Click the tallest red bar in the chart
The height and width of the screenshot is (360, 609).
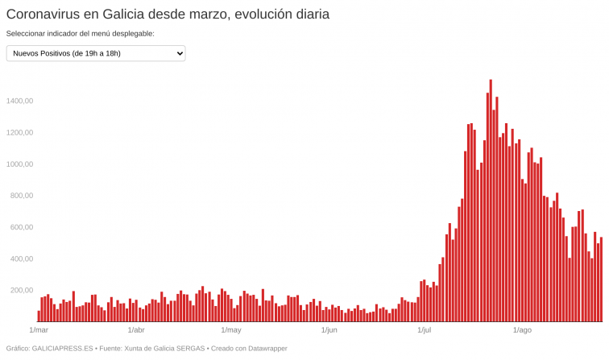pyautogui.click(x=491, y=201)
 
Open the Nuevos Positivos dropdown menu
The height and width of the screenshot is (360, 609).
pyautogui.click(x=96, y=53)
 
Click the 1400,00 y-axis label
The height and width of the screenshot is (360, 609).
pyautogui.click(x=19, y=101)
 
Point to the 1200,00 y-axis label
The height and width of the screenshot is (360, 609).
pyautogui.click(x=19, y=132)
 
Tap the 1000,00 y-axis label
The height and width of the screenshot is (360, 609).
pyautogui.click(x=19, y=163)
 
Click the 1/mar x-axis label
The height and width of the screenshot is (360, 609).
pyautogui.click(x=39, y=330)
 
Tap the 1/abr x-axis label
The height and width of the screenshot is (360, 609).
pyautogui.click(x=136, y=330)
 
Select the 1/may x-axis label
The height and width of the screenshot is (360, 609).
pyautogui.click(x=231, y=330)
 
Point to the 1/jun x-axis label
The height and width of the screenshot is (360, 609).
pyautogui.click(x=329, y=330)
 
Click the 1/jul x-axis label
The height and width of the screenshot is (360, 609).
pyautogui.click(x=424, y=330)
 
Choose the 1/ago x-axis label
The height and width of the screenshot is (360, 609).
pyautogui.click(x=522, y=330)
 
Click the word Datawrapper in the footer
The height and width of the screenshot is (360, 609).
pyautogui.click(x=263, y=349)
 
